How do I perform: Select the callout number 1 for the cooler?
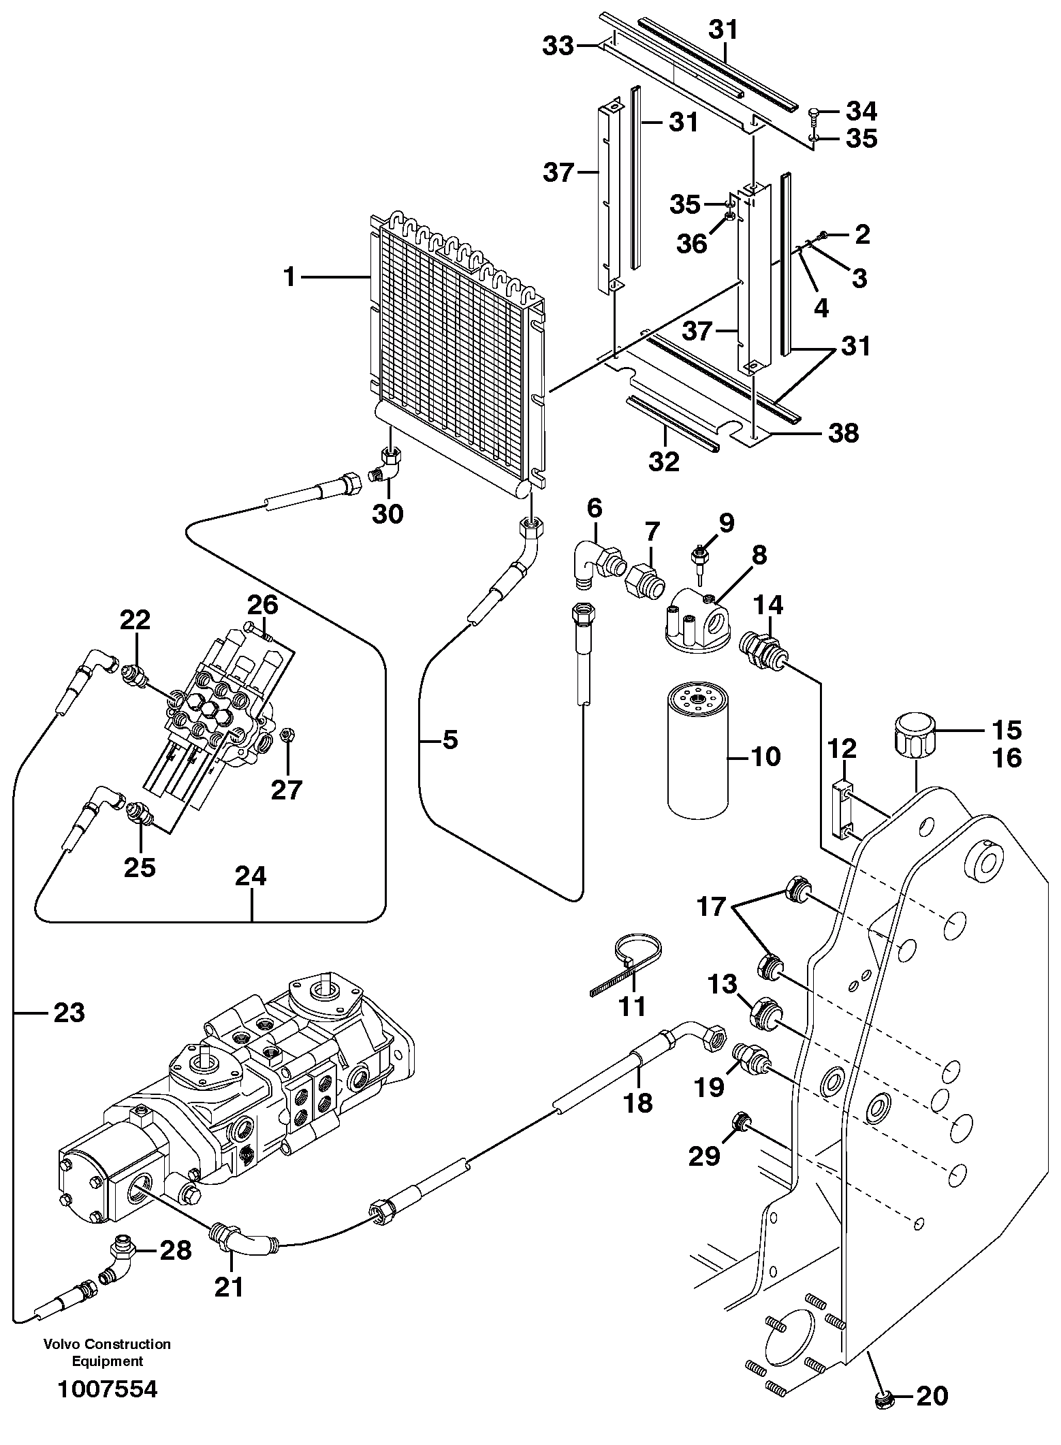(x=290, y=277)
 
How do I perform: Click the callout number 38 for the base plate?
(x=843, y=433)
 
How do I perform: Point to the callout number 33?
(x=558, y=47)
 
